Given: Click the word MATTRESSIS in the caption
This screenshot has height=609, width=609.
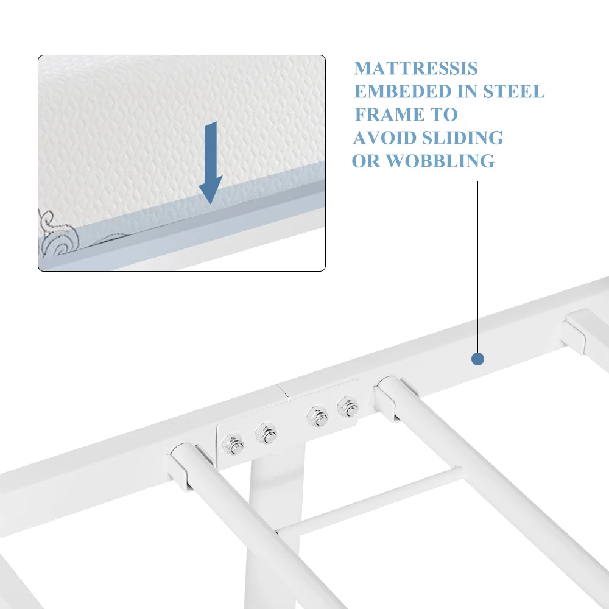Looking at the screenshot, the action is point(415,68).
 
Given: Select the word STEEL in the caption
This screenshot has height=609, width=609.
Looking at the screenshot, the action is point(513,92).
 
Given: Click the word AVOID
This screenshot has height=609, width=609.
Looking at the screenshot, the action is point(384,138).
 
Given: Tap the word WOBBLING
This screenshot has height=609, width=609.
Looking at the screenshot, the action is point(440,161).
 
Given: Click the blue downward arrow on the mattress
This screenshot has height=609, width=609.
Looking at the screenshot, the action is point(211,163).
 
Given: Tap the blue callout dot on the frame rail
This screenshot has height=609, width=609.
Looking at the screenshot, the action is point(477,359).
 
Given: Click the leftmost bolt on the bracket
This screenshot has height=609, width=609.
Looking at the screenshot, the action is point(233,445).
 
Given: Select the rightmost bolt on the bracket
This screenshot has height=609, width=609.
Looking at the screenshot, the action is point(348,407).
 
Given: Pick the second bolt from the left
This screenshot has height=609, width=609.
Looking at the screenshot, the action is point(267,434).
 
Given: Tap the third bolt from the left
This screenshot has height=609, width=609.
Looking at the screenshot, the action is point(318,417).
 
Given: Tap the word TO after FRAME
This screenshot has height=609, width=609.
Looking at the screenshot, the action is point(444,114).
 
